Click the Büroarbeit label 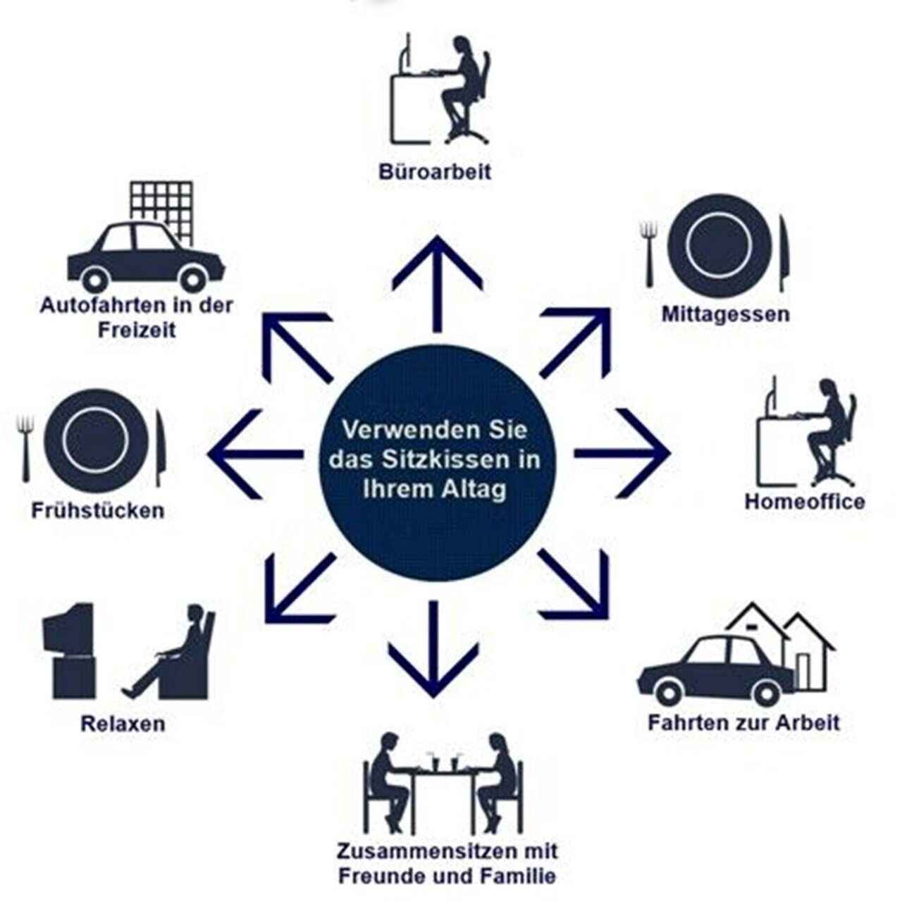click(x=434, y=171)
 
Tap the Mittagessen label click(x=724, y=314)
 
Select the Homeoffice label click(x=805, y=502)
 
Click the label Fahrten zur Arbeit click(x=744, y=722)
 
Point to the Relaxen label click(x=123, y=724)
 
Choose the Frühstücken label click(x=97, y=510)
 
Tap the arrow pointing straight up click(x=437, y=282)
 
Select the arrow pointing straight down click(x=433, y=648)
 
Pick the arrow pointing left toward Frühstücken click(x=254, y=453)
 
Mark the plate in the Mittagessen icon click(x=717, y=245)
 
